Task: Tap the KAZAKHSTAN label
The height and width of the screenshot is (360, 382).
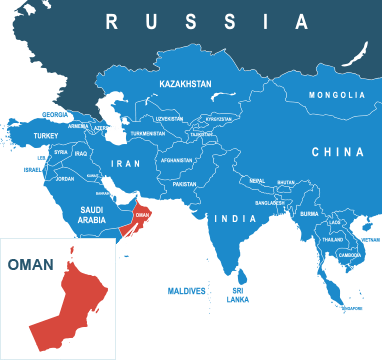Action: pyautogui.click(x=185, y=85)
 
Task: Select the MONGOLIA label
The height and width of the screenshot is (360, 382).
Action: pyautogui.click(x=337, y=95)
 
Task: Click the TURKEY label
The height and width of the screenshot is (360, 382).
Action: pyautogui.click(x=46, y=135)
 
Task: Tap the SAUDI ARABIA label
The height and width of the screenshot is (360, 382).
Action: pyautogui.click(x=92, y=214)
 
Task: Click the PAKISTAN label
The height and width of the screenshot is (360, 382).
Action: pyautogui.click(x=184, y=184)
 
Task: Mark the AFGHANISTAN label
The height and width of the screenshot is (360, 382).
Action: pyautogui.click(x=176, y=160)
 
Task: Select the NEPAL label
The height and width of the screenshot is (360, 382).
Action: pyautogui.click(x=257, y=181)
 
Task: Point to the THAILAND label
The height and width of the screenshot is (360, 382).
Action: pyautogui.click(x=333, y=240)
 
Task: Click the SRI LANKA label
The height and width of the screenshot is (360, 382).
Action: pyautogui.click(x=238, y=295)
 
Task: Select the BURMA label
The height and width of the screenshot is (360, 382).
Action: pyautogui.click(x=309, y=213)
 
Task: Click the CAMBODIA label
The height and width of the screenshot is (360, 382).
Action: pyautogui.click(x=350, y=254)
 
